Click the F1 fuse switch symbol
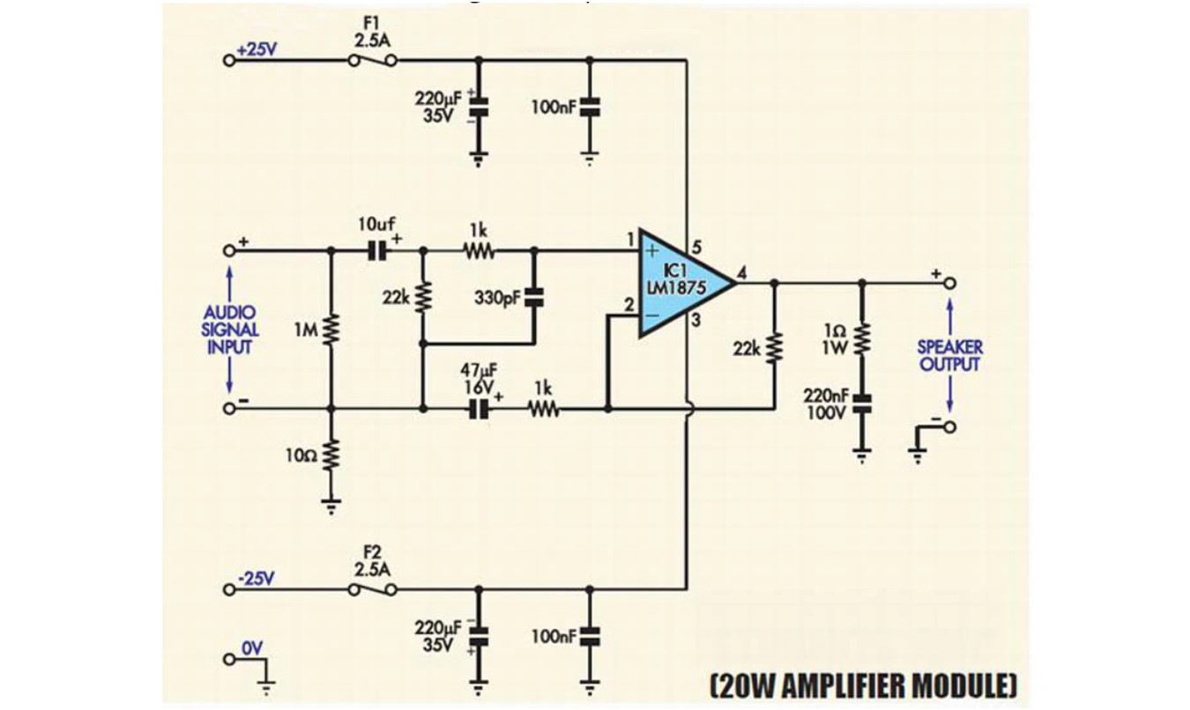click(372, 60)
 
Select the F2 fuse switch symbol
click(372, 589)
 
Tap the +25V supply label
click(257, 49)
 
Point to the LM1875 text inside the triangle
click(676, 288)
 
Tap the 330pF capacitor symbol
click(534, 298)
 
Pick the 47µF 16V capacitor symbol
click(480, 409)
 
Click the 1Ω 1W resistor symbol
click(862, 337)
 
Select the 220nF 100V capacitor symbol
click(862, 403)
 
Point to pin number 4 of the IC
click(741, 273)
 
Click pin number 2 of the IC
click(629, 306)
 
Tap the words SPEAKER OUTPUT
click(949, 356)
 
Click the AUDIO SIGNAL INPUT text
click(230, 329)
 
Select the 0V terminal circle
click(229, 660)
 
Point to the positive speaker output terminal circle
click(950, 284)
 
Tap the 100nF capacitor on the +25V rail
click(589, 107)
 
